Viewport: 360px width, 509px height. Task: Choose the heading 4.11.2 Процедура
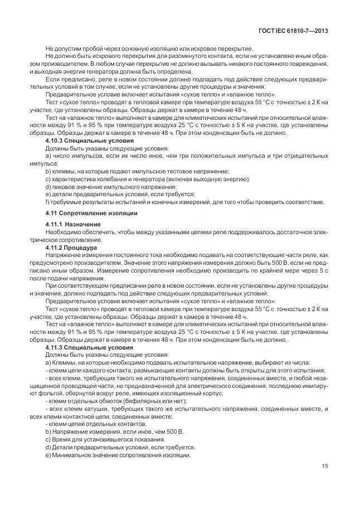(x=71, y=247)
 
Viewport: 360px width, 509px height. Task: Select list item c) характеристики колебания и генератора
(x=148, y=179)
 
